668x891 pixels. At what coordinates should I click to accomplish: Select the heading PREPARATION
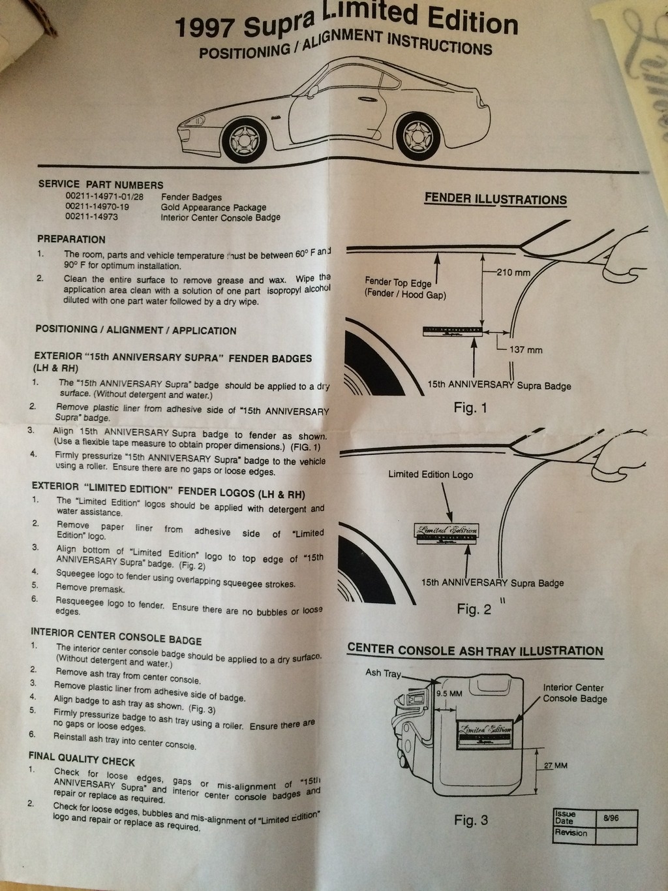(x=71, y=240)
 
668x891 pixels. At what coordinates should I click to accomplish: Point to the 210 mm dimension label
(x=513, y=272)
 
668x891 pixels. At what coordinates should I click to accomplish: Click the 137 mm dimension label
(x=526, y=350)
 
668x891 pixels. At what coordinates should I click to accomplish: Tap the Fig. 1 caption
(x=470, y=409)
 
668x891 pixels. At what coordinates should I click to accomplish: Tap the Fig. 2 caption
(x=474, y=609)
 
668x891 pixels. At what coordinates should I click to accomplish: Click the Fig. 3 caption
(x=471, y=820)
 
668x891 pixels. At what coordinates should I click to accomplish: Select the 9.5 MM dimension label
(x=449, y=693)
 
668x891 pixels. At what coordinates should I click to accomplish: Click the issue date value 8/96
(x=611, y=817)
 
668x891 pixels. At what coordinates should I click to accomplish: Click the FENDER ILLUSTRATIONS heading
(x=496, y=199)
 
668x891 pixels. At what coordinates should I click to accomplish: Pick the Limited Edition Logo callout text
(x=431, y=475)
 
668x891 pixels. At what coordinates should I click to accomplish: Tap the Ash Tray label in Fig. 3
(x=384, y=673)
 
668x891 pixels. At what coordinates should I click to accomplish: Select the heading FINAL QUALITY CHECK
(x=82, y=758)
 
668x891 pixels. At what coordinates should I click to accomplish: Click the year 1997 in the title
(x=207, y=29)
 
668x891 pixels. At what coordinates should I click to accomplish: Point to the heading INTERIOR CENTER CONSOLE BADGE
(x=116, y=636)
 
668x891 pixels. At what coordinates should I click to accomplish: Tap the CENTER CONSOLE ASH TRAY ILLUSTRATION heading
(x=475, y=650)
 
